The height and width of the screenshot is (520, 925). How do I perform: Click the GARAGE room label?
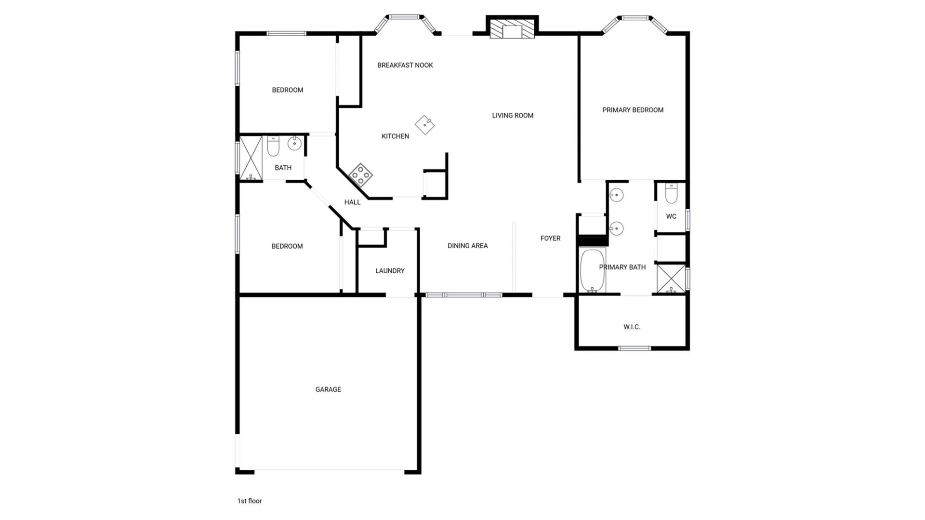pos(328,389)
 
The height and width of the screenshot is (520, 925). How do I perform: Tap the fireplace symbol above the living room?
pos(512,28)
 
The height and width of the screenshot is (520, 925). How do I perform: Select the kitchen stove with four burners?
pos(360,174)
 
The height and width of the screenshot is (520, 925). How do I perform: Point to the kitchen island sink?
pos(424,125)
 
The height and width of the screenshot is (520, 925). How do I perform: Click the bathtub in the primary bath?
pos(593,270)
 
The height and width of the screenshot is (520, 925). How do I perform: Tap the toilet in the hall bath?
pos(273,146)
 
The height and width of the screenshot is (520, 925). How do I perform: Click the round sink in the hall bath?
pos(294,143)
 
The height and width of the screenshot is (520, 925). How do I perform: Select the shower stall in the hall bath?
pos(251,158)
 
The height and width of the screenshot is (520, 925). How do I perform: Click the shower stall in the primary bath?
pos(671,279)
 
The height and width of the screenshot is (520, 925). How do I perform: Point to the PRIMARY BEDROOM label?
pos(633,110)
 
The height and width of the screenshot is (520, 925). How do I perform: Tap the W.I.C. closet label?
pos(632,327)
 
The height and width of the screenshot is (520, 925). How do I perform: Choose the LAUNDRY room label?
pos(390,271)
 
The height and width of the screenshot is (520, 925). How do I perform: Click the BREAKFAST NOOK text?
pos(405,65)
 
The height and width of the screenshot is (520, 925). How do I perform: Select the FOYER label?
pos(550,238)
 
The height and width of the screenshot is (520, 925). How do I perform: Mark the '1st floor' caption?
pos(250,501)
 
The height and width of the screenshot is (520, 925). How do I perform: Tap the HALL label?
pos(352,202)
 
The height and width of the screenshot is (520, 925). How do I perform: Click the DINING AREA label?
pos(467,246)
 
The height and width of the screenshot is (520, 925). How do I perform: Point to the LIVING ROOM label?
pos(513,116)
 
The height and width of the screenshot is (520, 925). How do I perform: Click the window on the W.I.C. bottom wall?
pos(634,348)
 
